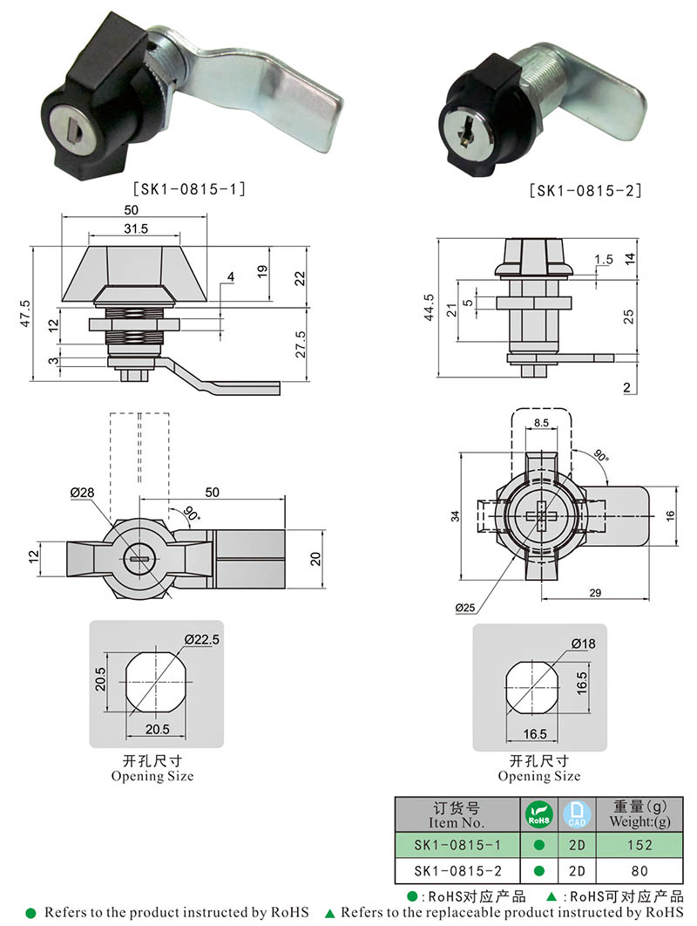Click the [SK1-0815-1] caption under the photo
click(x=189, y=187)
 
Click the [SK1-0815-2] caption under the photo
click(x=585, y=190)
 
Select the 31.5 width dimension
click(x=135, y=228)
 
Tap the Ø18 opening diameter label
click(x=584, y=643)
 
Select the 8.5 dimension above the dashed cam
click(x=540, y=423)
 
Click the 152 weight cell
click(x=639, y=844)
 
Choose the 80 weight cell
click(x=639, y=870)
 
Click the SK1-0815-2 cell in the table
click(x=456, y=870)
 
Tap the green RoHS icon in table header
click(x=538, y=814)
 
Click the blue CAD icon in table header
click(x=576, y=814)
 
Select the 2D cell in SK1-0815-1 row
click(x=576, y=844)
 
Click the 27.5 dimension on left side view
click(x=300, y=343)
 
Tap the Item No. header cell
click(x=456, y=814)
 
